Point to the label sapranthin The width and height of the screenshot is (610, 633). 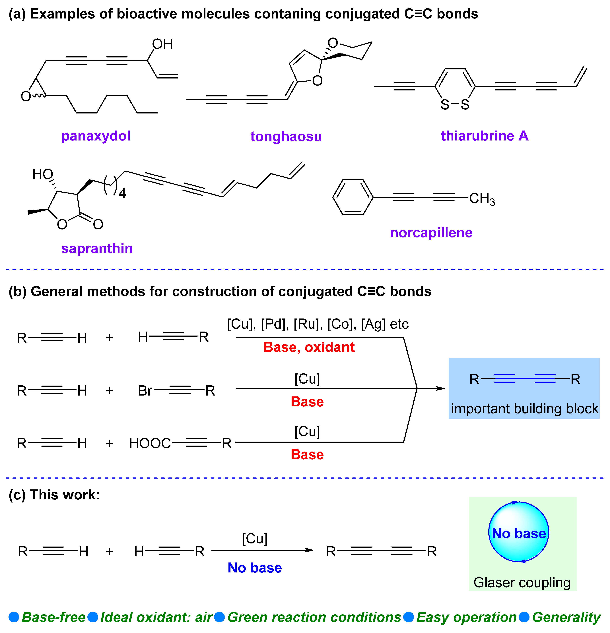97,248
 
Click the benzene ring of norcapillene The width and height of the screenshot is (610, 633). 353,197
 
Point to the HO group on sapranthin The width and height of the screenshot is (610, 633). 43,174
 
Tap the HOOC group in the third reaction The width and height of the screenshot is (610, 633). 150,443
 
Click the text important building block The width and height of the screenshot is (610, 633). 524,409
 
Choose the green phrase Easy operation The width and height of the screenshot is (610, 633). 466,617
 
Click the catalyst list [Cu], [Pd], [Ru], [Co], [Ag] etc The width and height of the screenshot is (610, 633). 318,324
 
